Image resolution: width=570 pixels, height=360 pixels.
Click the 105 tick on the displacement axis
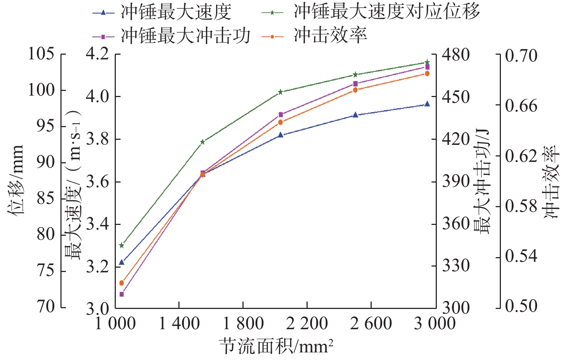click(41, 54)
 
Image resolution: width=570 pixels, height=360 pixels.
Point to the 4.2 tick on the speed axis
click(97, 54)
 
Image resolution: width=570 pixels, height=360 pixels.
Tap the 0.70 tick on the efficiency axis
click(521, 56)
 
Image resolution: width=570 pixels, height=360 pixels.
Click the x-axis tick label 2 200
click(307, 323)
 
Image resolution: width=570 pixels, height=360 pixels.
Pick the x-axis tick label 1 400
click(179, 323)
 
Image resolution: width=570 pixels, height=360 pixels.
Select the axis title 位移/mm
click(16, 180)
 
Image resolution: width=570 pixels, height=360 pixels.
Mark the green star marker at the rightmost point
click(427, 62)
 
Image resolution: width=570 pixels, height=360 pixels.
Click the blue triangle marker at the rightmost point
click(427, 104)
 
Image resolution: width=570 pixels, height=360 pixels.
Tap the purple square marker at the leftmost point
click(122, 294)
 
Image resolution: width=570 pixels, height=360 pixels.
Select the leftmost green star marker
click(122, 246)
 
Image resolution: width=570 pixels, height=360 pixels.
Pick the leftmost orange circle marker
click(122, 283)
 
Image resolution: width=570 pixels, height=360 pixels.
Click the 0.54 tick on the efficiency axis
click(521, 257)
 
